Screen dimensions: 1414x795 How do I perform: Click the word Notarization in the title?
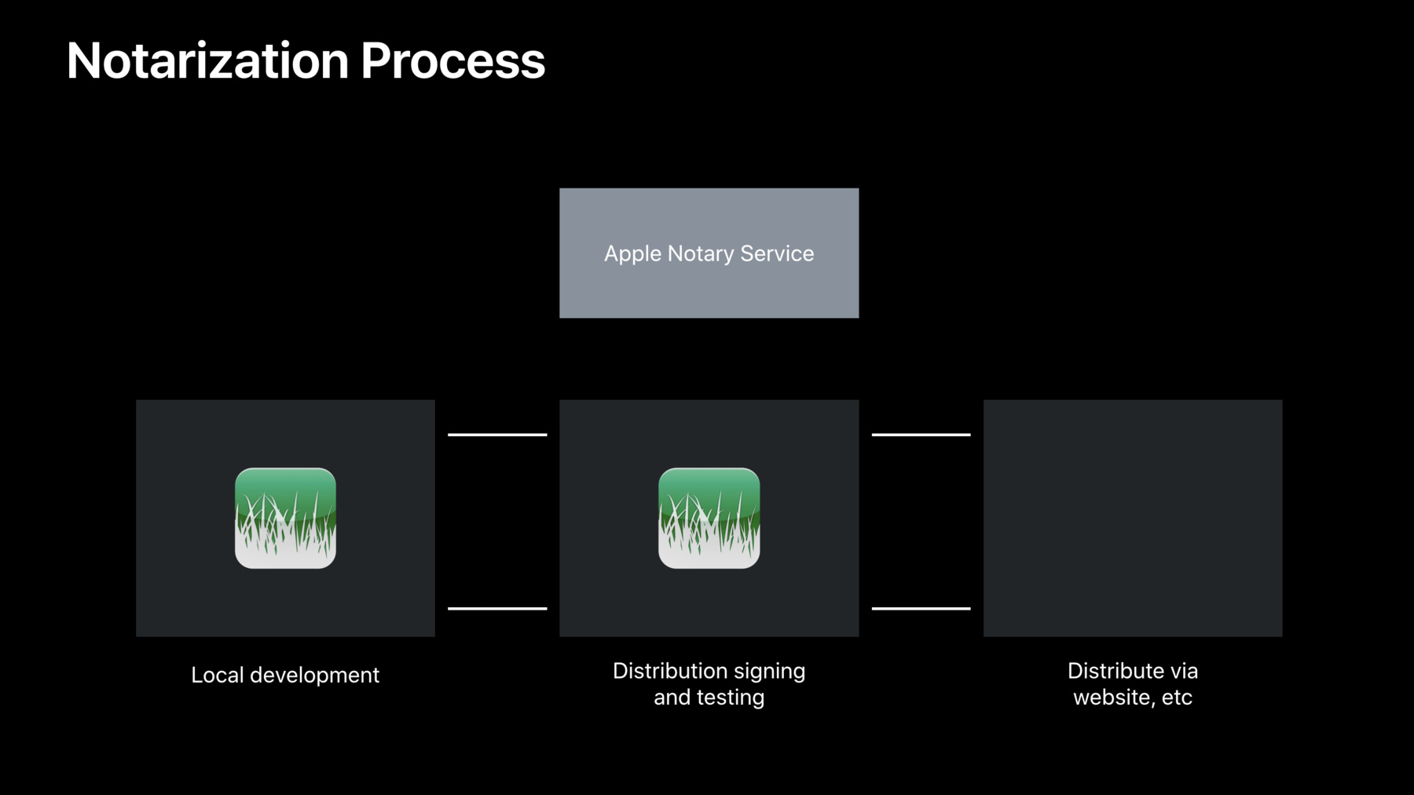pos(208,60)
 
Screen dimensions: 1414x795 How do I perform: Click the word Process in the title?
pos(453,60)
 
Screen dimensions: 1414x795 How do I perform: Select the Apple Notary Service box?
pos(709,253)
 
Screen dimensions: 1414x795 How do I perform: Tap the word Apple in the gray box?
pos(632,255)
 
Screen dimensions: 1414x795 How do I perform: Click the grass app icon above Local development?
pos(285,518)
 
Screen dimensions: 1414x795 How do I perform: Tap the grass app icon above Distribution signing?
pos(709,518)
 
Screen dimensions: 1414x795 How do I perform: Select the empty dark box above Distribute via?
pos(1133,518)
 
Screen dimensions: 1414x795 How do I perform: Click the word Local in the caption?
pos(217,675)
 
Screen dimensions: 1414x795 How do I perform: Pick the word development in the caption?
pos(314,676)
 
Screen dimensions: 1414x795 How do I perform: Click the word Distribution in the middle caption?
pos(670,671)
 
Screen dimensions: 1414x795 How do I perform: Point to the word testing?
pos(731,698)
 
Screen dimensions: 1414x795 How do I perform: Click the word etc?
pos(1177,698)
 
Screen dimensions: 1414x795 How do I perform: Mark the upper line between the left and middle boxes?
pos(497,434)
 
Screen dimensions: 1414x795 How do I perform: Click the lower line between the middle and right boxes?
pos(921,608)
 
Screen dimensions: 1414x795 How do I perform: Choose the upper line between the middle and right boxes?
pos(921,434)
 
